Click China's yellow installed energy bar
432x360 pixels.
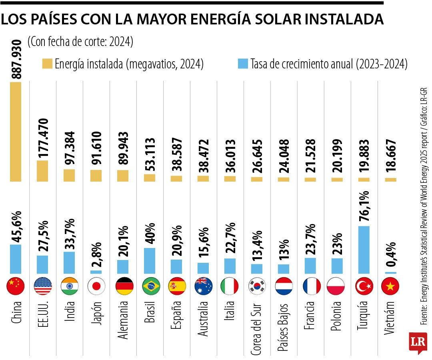tap(16, 132)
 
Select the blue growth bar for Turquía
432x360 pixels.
tap(364, 250)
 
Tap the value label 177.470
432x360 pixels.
tap(42, 138)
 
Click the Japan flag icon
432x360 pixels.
tap(96, 286)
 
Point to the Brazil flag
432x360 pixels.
tap(150, 286)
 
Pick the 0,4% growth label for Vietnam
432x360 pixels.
tap(391, 256)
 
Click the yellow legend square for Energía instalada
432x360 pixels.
tap(47, 64)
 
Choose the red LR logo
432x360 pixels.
tap(418, 343)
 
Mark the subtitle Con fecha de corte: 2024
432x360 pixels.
tap(80, 42)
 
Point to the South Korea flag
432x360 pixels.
tap(257, 286)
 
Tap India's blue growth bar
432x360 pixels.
tap(69, 262)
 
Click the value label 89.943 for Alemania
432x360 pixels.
tap(123, 150)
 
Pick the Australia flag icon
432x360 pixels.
tap(204, 286)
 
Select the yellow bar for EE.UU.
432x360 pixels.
tap(42, 171)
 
